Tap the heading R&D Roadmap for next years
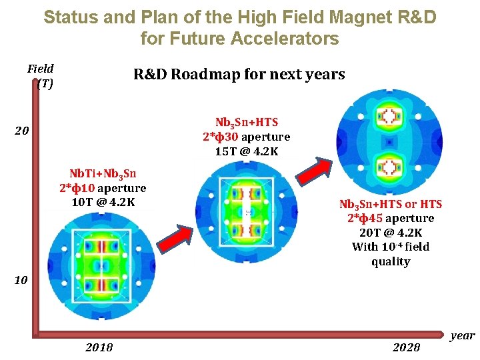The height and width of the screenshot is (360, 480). click(239, 74)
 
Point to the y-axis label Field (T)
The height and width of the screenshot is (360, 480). click(41, 75)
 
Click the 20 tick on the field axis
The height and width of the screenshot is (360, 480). click(21, 131)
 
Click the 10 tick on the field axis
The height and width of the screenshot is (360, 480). click(21, 280)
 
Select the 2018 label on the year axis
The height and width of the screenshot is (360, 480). click(99, 347)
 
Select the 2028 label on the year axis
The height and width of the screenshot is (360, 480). click(407, 347)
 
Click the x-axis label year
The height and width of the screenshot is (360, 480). click(462, 335)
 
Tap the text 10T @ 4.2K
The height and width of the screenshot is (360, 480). click(103, 202)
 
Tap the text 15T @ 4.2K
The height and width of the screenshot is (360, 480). click(247, 151)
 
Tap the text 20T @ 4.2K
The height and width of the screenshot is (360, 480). click(391, 233)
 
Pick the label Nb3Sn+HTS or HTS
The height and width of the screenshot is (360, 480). click(391, 204)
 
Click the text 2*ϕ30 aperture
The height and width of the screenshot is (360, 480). click(247, 137)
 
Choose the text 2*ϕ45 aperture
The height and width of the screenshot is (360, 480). click(391, 218)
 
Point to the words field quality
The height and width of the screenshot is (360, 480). click(391, 254)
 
